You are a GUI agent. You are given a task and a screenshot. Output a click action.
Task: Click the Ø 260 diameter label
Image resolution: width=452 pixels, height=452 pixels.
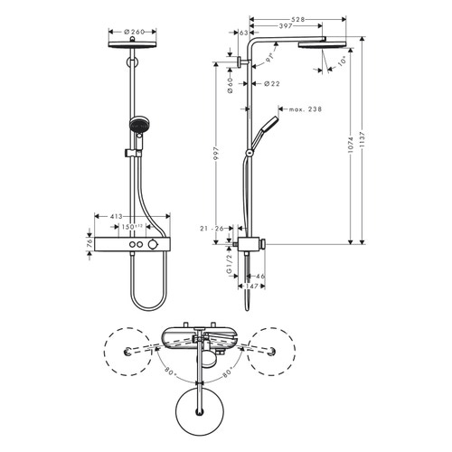coord(133,33)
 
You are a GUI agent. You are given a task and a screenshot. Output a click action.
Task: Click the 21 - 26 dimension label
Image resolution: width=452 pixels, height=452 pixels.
coord(213,229)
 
